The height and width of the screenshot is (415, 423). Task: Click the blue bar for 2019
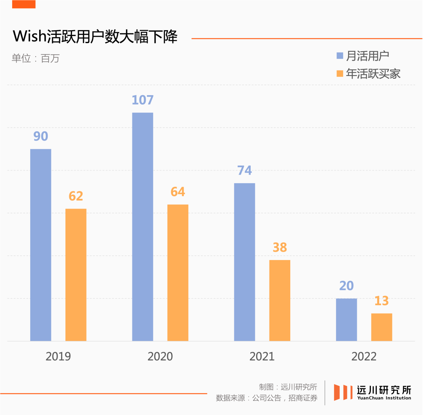tap(41, 245)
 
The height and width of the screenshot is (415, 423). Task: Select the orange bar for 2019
tap(76, 274)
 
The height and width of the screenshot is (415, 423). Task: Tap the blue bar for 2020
tap(143, 227)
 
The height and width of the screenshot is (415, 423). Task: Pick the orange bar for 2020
tap(178, 272)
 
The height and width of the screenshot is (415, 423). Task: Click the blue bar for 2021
tap(244, 262)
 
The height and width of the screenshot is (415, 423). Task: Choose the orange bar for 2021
tap(280, 300)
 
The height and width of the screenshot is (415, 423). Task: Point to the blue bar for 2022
tap(346, 319)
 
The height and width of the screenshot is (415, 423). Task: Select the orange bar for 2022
tap(381, 327)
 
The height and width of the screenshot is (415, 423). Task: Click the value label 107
tap(143, 100)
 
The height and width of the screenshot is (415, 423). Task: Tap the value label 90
tap(41, 136)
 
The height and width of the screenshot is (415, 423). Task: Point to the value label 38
tap(280, 247)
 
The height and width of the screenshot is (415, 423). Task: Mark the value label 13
tap(381, 301)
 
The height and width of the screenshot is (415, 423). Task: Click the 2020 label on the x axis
tap(160, 356)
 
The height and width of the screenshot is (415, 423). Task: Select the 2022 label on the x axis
tap(364, 356)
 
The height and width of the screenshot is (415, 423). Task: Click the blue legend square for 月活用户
tap(340, 56)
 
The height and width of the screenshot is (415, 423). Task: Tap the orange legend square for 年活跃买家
tap(340, 74)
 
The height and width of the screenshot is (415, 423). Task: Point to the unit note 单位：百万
tap(36, 59)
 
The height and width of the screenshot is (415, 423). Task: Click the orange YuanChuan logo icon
tap(341, 392)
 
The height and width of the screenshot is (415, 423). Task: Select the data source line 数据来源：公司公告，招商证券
tap(266, 398)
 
